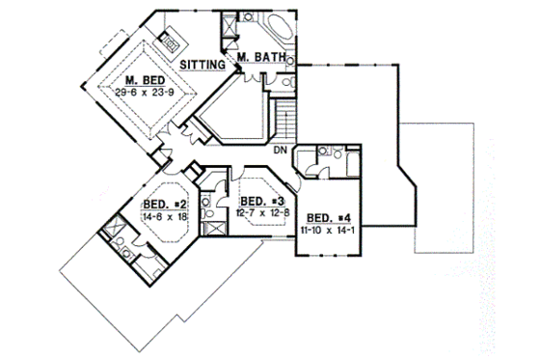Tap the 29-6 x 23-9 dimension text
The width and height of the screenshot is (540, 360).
pyautogui.click(x=143, y=93)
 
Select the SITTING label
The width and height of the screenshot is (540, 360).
pyautogui.click(x=204, y=65)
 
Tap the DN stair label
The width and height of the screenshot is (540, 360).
pyautogui.click(x=280, y=150)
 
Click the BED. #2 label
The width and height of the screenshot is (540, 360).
pyautogui.click(x=163, y=204)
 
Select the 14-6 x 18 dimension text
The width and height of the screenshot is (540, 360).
pyautogui.click(x=163, y=216)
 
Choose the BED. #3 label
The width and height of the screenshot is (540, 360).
pyautogui.click(x=257, y=201)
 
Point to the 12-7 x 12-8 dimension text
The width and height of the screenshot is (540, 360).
pyautogui.click(x=257, y=212)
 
